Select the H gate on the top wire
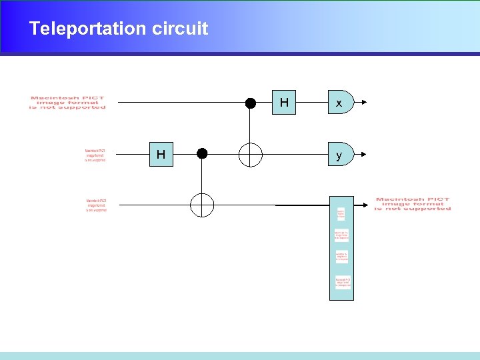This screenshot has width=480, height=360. coord(284,103)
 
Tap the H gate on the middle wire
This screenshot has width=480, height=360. coord(161,155)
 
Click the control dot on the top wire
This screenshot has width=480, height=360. coord(251,103)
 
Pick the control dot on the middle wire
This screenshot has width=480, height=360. coord(202,154)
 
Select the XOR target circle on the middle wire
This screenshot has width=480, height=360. coord(251,155)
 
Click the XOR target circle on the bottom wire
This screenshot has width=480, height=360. coord(202,205)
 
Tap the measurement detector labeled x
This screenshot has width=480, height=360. coord(339,103)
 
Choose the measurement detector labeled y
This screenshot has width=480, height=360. coord(339,155)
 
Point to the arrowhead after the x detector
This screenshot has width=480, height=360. coord(363,103)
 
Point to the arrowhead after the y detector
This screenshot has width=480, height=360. coord(363,155)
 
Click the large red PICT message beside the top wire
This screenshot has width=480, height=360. coord(67,103)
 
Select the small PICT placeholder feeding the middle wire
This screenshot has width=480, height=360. coord(95,155)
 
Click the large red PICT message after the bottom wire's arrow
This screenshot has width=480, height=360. coord(413,204)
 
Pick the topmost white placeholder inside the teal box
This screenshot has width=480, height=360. coord(341,214)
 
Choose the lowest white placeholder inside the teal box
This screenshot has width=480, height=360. coord(342,283)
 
